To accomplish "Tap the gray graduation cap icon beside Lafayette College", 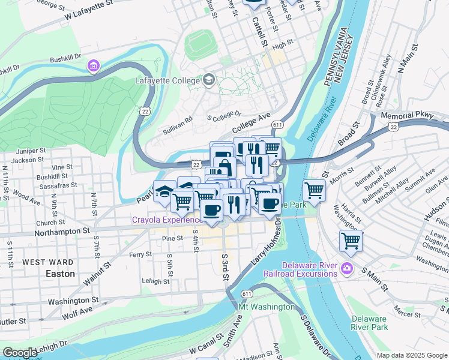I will tap(208, 79).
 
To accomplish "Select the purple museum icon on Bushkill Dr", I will tap(93, 65).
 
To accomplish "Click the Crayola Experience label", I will tap(166, 220).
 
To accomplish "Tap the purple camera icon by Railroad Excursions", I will tap(346, 267).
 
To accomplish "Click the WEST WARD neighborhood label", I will tap(49, 262).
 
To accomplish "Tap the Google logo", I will tap(19, 353).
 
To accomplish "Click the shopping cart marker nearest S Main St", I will tap(351, 241).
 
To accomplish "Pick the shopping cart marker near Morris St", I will tap(315, 190).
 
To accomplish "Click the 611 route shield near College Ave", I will tap(277, 124).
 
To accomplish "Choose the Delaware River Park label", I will tap(370, 323).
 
